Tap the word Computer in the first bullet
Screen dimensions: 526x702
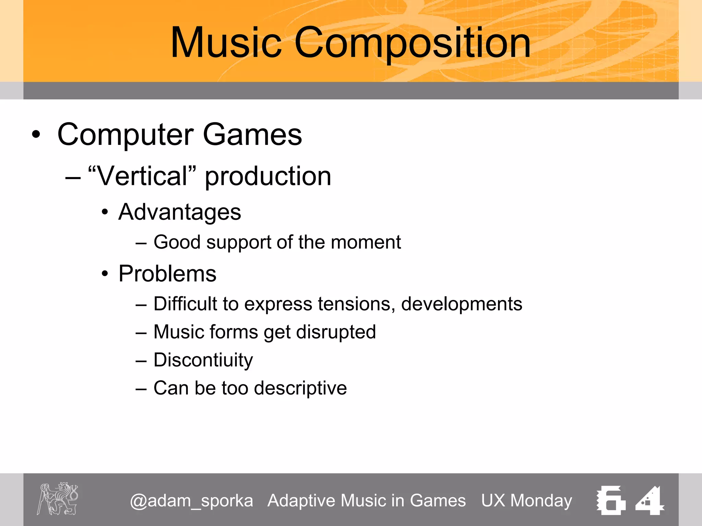pos(125,135)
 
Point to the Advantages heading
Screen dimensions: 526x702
pos(180,212)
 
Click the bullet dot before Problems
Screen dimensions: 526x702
pos(105,274)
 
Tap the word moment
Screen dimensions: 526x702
pos(366,242)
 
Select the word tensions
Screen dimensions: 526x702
pos(356,304)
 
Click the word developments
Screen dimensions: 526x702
pos(461,304)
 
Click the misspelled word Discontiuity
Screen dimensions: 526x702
pos(203,360)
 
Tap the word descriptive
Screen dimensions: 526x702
pos(300,388)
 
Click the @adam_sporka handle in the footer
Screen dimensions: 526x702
pos(191,501)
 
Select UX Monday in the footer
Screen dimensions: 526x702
pos(526,501)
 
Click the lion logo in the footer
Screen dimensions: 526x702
pos(58,499)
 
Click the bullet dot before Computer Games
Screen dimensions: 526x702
pos(36,135)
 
